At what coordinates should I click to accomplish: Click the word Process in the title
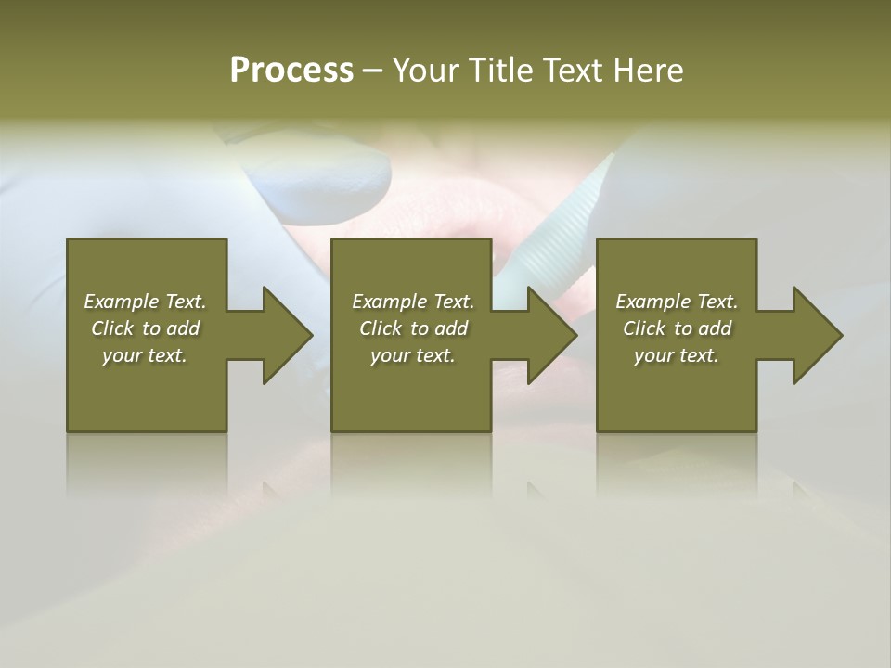pyautogui.click(x=291, y=71)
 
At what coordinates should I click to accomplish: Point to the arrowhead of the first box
pyautogui.click(x=286, y=335)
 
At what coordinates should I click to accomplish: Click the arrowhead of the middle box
pyautogui.click(x=551, y=335)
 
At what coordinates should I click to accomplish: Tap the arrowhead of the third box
pyautogui.click(x=816, y=335)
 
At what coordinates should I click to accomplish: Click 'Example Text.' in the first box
pyautogui.click(x=145, y=302)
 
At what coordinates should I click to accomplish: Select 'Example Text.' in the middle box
pyautogui.click(x=413, y=302)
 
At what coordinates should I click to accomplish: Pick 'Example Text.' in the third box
pyautogui.click(x=677, y=302)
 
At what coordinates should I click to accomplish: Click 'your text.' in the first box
pyautogui.click(x=145, y=355)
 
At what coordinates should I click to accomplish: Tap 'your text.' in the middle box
pyautogui.click(x=413, y=355)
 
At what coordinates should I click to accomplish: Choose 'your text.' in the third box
pyautogui.click(x=677, y=355)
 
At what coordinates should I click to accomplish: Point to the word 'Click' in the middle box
pyautogui.click(x=381, y=328)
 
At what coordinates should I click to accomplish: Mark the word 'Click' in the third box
pyautogui.click(x=644, y=328)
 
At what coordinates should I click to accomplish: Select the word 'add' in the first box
pyautogui.click(x=184, y=328)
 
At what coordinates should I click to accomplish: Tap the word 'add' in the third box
pyautogui.click(x=716, y=328)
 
